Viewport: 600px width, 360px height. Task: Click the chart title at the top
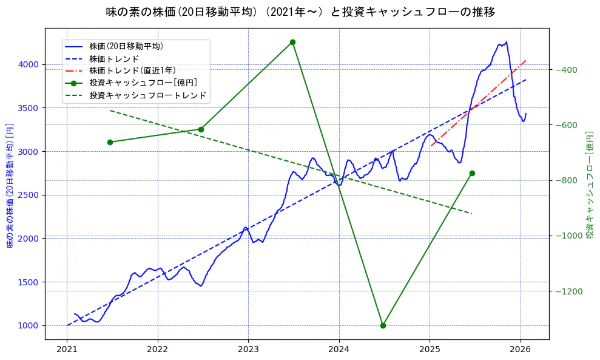point(300,12)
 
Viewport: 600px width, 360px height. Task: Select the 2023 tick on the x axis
point(248,350)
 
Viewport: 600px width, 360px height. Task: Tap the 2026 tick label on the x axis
point(520,350)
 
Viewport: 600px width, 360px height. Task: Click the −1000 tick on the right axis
point(568,236)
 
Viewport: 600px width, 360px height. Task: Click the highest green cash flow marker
point(292,42)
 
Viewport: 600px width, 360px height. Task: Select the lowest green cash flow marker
point(383,325)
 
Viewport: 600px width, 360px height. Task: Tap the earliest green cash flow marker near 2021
point(110,142)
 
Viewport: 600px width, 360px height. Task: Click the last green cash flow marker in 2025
point(472,173)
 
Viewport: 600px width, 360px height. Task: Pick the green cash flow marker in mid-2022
point(201,129)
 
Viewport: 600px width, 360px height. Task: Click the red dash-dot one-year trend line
point(479,103)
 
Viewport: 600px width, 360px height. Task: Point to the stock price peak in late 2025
point(506,42)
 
